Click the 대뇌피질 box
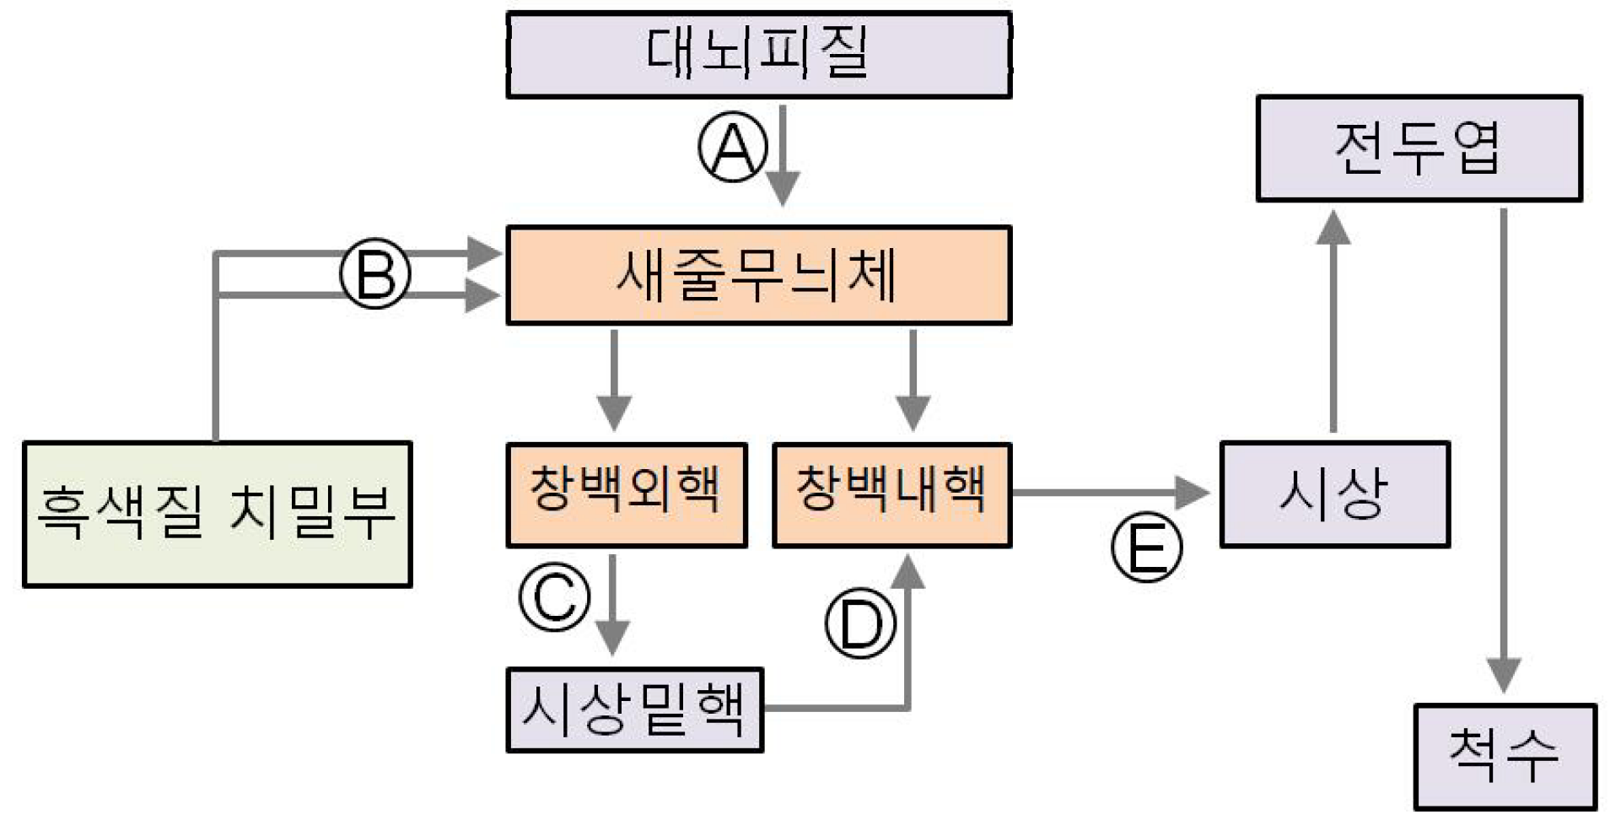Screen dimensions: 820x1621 758,55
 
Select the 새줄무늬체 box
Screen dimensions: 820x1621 758,275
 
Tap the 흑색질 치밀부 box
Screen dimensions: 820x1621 217,514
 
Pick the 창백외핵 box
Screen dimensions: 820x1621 626,495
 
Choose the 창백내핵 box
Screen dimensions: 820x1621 891,495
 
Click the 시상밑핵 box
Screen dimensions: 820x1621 634,709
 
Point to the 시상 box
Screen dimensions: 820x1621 1334,494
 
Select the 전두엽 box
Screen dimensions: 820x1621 1419,148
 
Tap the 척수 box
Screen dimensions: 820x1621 1505,756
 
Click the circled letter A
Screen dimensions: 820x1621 733,147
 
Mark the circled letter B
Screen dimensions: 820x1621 375,274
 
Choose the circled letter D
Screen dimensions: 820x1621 860,623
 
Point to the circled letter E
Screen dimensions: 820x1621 1147,548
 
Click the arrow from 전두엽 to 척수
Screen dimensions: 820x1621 1503,447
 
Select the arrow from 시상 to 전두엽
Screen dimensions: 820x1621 1333,321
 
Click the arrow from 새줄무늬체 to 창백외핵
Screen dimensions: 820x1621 613,380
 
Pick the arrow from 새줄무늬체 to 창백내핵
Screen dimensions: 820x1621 913,380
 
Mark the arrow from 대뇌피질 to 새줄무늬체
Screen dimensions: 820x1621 783,156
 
